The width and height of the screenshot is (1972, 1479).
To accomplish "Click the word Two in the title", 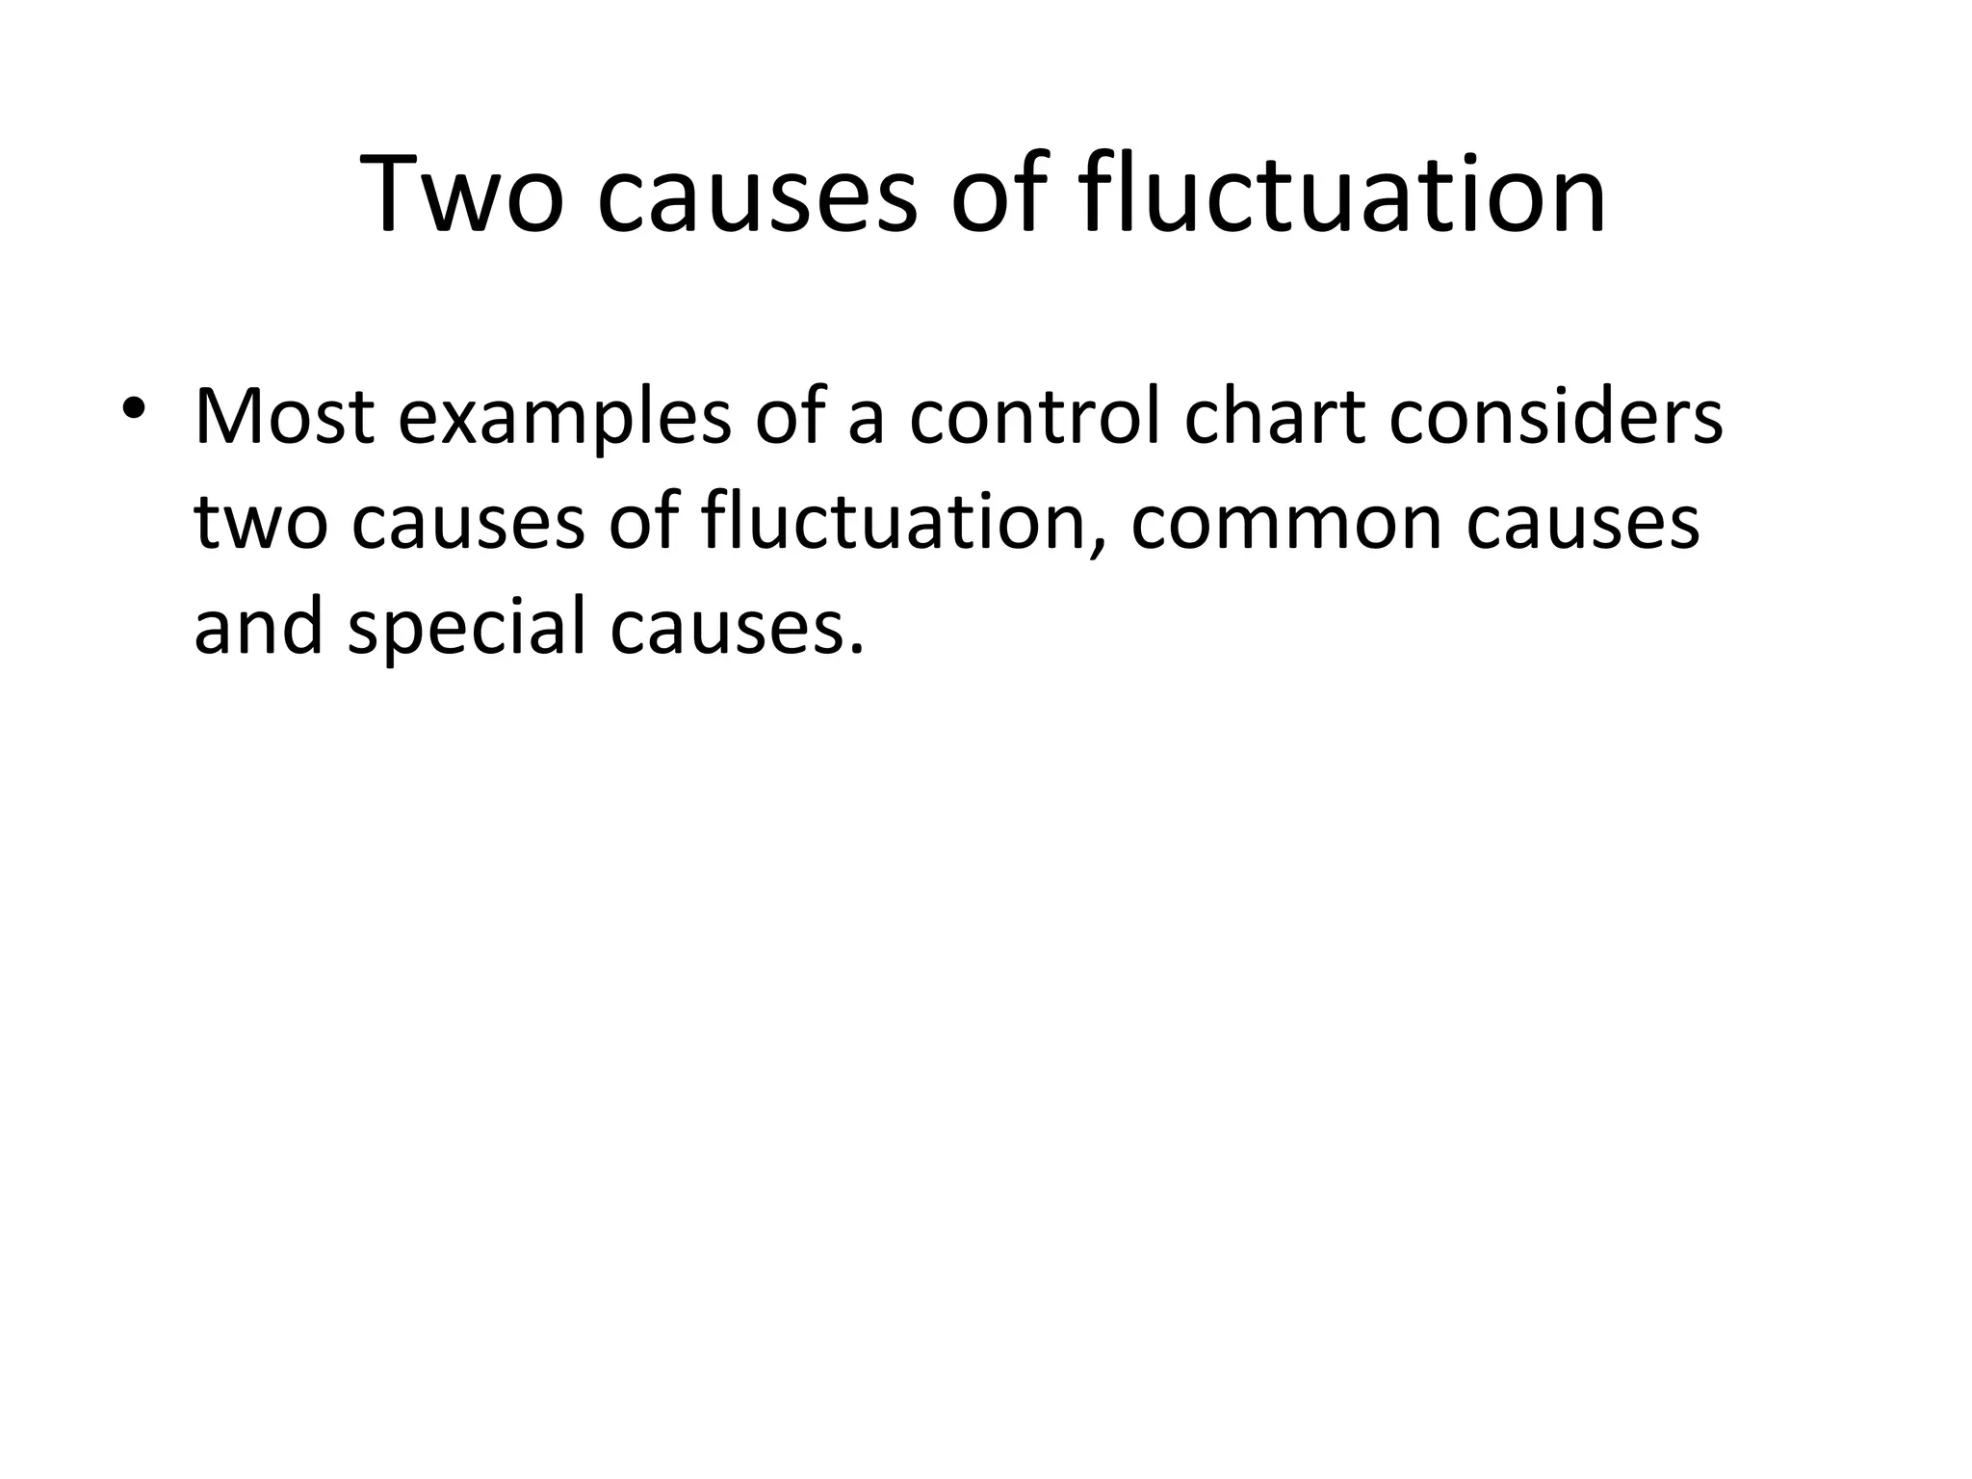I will (x=460, y=195).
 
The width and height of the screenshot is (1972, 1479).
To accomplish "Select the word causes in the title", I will (x=757, y=195).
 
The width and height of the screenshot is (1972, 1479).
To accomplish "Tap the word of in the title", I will (x=999, y=195).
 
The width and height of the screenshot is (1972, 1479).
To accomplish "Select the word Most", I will (x=284, y=418).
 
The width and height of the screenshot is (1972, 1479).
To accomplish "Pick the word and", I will (x=259, y=628).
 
